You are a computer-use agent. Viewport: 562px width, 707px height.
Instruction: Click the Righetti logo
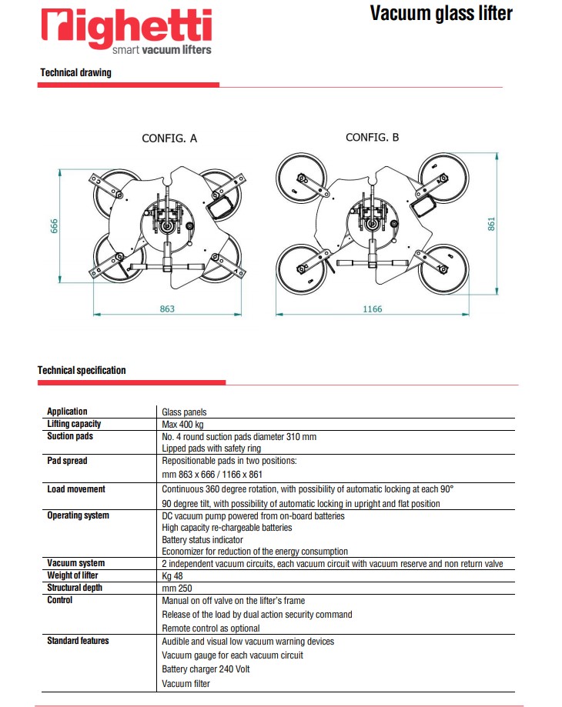[x=126, y=31]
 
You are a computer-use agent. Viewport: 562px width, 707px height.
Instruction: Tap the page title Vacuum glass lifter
[x=440, y=13]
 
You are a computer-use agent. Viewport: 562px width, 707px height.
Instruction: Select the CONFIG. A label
[x=169, y=138]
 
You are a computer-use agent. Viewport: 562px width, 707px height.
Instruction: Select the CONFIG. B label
[x=372, y=137]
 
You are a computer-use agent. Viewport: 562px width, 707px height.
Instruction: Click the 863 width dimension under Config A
[x=167, y=308]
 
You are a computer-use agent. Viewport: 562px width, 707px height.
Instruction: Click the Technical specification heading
[x=82, y=370]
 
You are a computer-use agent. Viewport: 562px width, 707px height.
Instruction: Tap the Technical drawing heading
[x=75, y=73]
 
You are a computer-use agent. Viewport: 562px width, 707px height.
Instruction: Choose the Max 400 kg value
[x=182, y=424]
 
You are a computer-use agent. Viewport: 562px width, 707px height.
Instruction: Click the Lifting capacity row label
[x=74, y=424]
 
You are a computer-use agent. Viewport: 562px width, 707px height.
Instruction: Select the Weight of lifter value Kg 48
[x=173, y=576]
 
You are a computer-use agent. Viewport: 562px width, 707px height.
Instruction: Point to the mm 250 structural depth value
[x=176, y=589]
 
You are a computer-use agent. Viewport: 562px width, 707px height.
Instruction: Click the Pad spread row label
[x=67, y=461]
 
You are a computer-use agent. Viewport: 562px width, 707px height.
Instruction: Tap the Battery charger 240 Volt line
[x=206, y=669]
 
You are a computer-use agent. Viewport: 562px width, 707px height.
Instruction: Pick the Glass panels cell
[x=185, y=412]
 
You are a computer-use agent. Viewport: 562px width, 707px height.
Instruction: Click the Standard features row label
[x=78, y=641]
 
